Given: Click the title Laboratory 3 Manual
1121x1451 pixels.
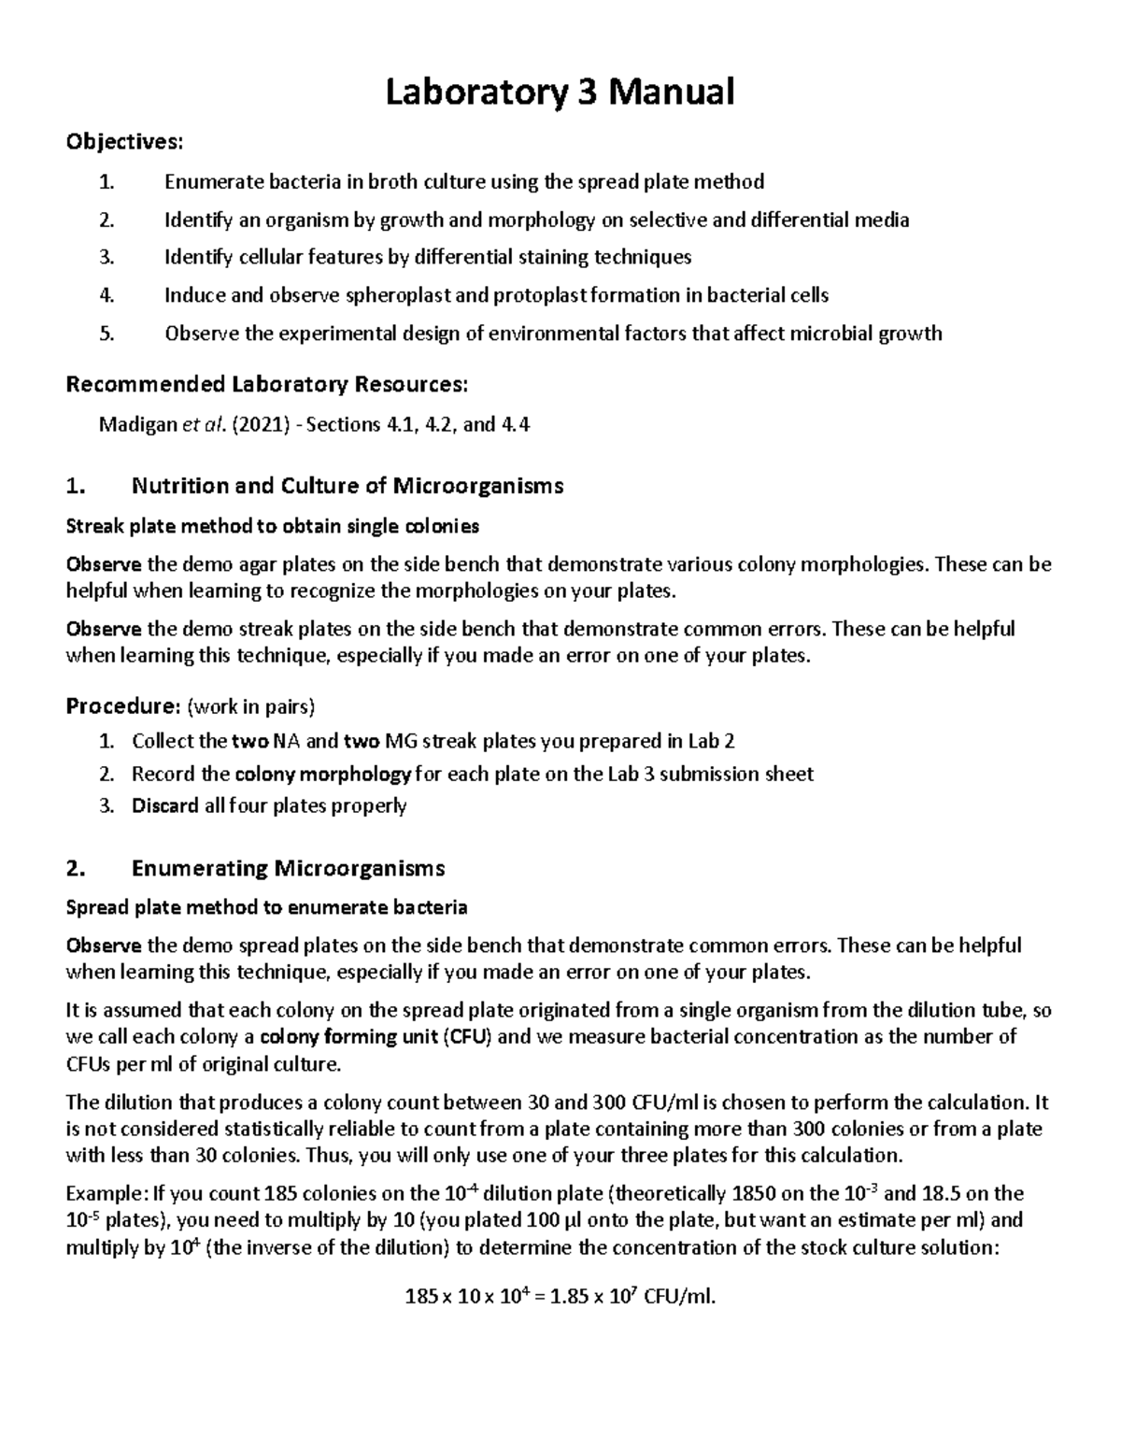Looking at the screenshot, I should click(x=560, y=92).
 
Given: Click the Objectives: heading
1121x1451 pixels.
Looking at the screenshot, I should click(x=124, y=142).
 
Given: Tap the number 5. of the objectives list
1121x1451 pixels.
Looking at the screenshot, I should click(x=106, y=334).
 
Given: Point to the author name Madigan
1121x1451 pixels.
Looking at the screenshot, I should click(x=137, y=425).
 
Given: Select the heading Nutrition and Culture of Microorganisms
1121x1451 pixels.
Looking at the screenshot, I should click(x=348, y=486).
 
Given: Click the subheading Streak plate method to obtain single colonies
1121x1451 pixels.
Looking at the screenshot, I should click(x=272, y=526).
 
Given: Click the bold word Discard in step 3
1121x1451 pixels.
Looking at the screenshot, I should click(x=165, y=805).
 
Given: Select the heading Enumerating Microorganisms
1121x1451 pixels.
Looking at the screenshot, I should click(x=288, y=868).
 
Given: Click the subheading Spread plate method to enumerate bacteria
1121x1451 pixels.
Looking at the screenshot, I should click(x=266, y=907).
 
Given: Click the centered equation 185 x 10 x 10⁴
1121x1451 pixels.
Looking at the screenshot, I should click(x=560, y=1296).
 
